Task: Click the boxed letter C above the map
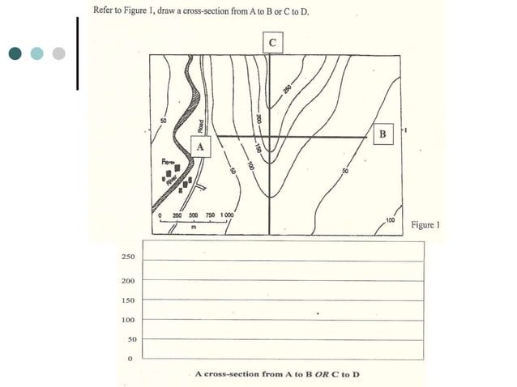tap(271, 42)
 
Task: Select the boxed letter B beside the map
tap(382, 133)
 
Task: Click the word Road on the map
tap(199, 125)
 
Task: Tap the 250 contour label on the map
tap(287, 89)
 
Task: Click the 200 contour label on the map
tap(258, 119)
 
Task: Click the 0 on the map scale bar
tap(160, 216)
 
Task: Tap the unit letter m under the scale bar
tap(194, 227)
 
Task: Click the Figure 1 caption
tap(425, 224)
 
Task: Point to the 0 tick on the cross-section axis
tap(129, 358)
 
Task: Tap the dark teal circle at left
tap(15, 53)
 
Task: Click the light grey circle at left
tap(58, 53)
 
